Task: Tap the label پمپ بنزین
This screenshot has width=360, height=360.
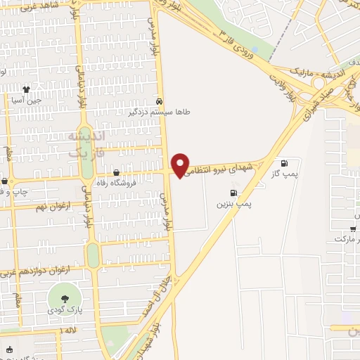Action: pos(233,203)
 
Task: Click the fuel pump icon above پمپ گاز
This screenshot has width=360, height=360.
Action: pos(284,162)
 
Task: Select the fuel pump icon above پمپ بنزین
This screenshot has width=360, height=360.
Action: pos(233,192)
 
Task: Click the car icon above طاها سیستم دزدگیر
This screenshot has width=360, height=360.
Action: pos(160,101)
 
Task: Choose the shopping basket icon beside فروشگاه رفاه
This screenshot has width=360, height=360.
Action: pos(116,173)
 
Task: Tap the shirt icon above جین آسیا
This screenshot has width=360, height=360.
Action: pos(27,89)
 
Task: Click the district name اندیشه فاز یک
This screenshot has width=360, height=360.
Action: pos(85,143)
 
